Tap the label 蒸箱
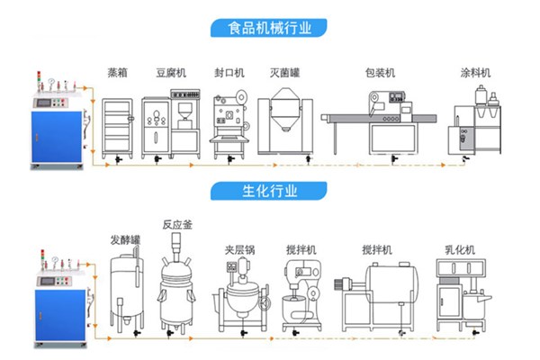pos(117,73)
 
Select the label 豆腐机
pos(170,73)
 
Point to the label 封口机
pos(228,73)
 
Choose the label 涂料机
pos(474,73)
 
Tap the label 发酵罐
pos(124,240)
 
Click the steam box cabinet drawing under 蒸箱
pos(117,127)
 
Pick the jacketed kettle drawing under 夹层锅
pos(240,301)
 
